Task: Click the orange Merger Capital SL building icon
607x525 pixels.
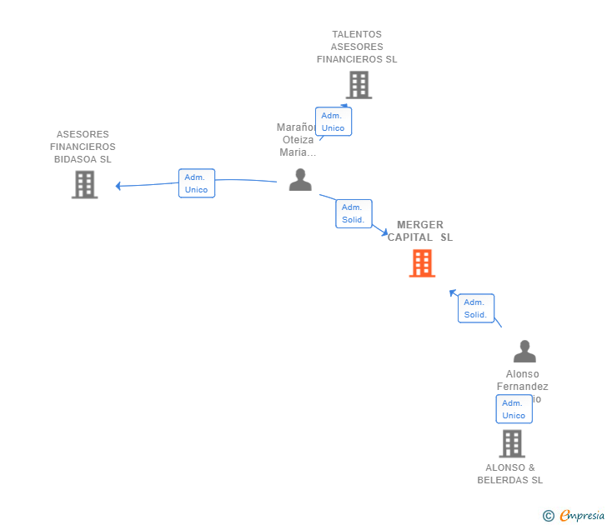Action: point(422,263)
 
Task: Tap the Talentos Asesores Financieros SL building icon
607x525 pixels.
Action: point(359,85)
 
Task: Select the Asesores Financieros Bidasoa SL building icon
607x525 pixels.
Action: point(84,184)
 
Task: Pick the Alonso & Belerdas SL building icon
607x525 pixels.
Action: point(512,443)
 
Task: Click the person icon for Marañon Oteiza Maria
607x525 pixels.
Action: point(300,179)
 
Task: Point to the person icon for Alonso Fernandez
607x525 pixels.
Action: point(524,351)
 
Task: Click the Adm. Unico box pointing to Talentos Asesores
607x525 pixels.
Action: point(333,122)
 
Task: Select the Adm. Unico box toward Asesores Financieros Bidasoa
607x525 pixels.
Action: point(196,183)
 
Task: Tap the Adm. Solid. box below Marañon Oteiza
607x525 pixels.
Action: point(354,213)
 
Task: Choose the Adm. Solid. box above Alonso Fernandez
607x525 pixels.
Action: point(475,308)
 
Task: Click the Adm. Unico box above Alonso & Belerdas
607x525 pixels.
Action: point(514,409)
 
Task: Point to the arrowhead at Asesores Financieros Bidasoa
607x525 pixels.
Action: point(118,186)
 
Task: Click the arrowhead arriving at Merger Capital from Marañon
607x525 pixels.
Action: point(384,232)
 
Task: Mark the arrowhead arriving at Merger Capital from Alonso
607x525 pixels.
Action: point(453,292)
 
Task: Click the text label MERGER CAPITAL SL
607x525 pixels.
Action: point(420,231)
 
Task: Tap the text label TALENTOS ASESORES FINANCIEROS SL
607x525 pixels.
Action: point(357,47)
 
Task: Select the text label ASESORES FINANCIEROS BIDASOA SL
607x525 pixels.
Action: point(83,147)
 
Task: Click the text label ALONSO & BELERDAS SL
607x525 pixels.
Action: point(509,473)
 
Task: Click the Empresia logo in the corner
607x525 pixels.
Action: point(581,516)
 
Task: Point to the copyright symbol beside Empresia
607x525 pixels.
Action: point(548,516)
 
